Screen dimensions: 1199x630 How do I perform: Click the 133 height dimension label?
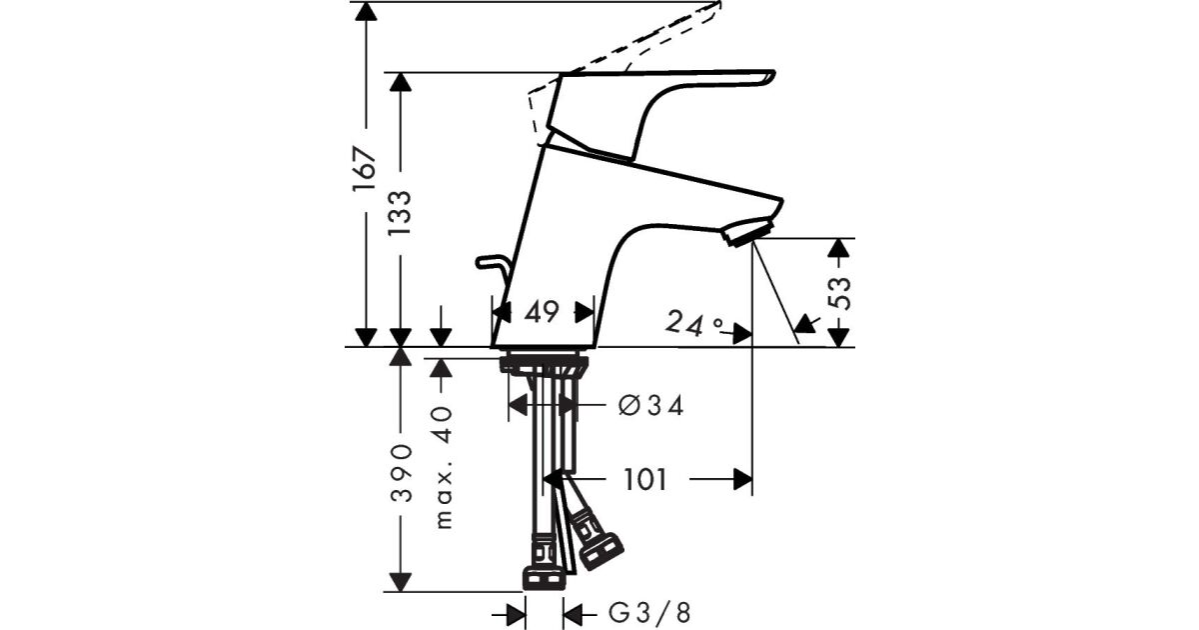400,213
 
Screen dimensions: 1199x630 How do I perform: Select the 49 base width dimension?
542,312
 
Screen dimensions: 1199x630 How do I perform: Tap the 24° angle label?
693,323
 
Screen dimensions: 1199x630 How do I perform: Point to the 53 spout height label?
838,293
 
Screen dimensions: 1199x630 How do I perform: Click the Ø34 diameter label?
650,406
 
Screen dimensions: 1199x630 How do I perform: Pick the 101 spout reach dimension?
645,479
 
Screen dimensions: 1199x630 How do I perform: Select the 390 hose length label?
401,472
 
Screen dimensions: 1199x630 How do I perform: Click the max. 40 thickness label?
444,468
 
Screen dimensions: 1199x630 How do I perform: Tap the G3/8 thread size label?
649,612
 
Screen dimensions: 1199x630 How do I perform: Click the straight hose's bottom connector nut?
544,579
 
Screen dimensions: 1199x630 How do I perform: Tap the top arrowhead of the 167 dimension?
366,11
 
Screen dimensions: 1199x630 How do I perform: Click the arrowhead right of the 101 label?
743,479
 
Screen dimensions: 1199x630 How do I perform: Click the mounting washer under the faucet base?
544,365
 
